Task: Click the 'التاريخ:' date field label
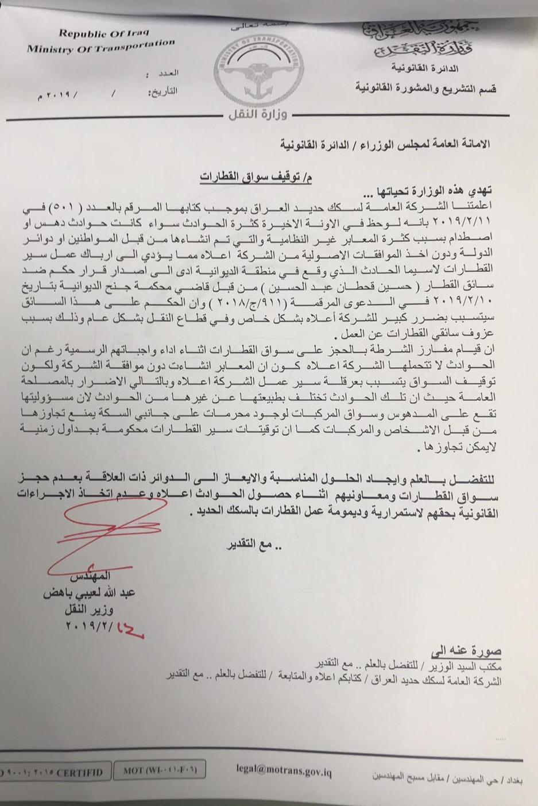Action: coord(163,91)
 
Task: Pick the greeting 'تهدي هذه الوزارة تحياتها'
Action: coord(436,191)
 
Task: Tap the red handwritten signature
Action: coord(103,540)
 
